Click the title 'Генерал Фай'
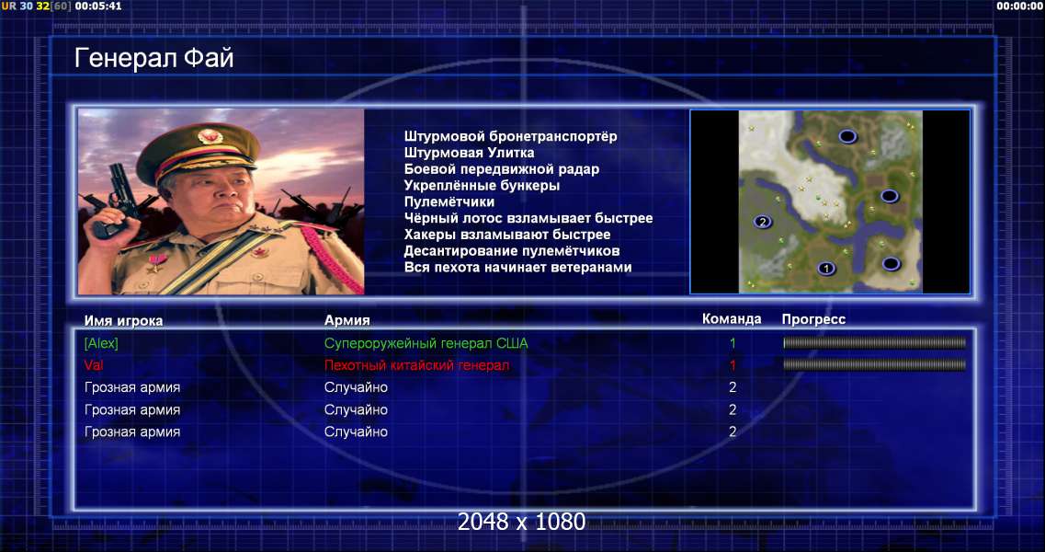pos(154,59)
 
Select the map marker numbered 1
pos(826,269)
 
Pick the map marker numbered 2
pos(763,222)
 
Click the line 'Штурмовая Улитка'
pos(469,153)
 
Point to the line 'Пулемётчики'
pos(449,201)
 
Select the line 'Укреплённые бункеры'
pos(482,186)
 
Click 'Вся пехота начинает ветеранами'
pos(517,267)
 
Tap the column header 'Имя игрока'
pos(123,320)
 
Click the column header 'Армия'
pos(347,320)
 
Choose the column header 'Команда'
pos(732,319)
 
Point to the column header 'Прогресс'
pos(813,319)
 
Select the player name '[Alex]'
pos(101,343)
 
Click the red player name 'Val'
pos(94,365)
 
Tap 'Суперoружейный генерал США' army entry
pos(426,343)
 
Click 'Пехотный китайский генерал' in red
pos(416,365)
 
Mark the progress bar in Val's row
pos(874,365)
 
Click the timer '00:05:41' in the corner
pos(98,6)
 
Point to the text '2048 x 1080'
pos(521,522)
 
